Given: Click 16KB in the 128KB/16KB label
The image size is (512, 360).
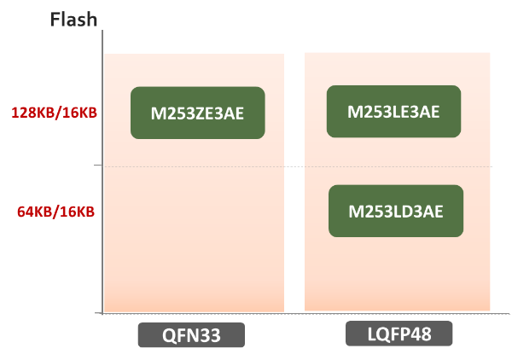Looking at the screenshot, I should (76, 112).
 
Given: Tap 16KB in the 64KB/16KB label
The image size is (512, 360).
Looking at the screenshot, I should (76, 212).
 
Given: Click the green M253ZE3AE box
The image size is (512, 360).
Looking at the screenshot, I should (197, 112).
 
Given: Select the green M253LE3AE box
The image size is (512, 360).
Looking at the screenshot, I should (393, 111).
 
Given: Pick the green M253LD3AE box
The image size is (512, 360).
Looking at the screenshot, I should (396, 211).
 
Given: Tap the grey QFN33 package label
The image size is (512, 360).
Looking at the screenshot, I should (191, 335).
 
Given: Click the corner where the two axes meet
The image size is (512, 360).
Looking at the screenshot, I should (101, 314).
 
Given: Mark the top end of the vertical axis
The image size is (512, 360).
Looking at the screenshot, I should (101, 32).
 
